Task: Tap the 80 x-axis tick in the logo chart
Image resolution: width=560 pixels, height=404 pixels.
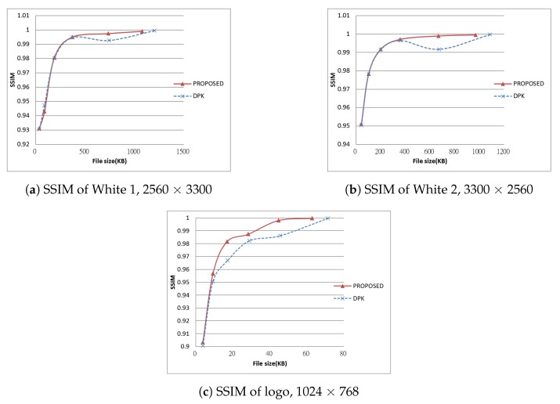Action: (344, 354)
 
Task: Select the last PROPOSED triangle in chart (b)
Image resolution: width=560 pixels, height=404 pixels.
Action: (475, 34)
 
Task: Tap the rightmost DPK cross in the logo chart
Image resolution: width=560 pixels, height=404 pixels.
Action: (327, 218)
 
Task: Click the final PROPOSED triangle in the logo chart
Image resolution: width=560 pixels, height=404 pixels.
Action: (312, 218)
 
